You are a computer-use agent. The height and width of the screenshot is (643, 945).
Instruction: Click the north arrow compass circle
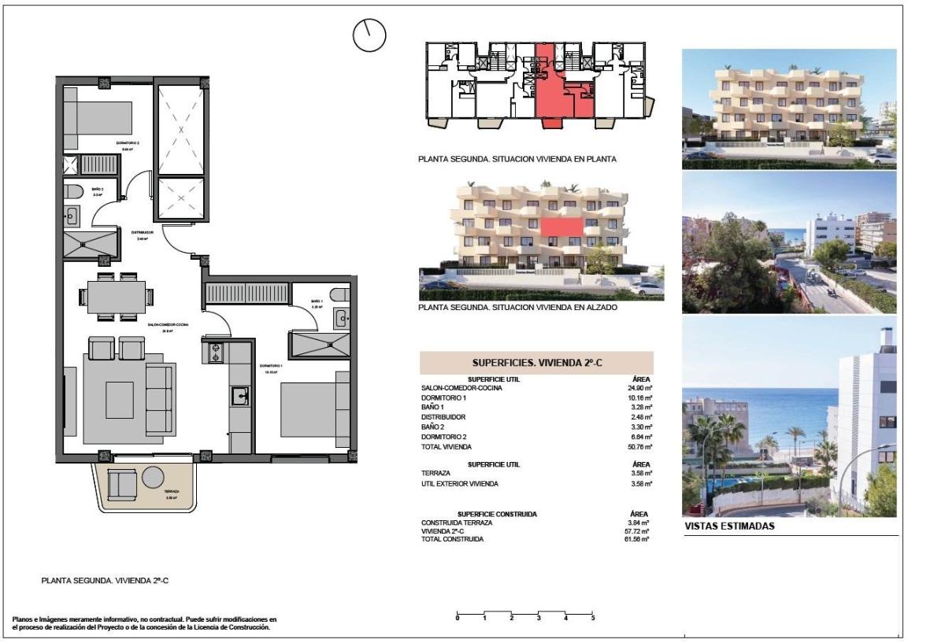point(369,35)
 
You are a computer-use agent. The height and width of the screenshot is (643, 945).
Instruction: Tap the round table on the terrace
point(153,477)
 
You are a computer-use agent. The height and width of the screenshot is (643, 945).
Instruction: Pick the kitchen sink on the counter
point(239,396)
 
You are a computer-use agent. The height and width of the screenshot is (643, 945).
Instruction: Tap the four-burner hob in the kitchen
point(215,352)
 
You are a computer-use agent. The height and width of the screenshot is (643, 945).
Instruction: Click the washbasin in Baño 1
point(341,318)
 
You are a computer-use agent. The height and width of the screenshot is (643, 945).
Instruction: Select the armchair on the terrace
point(122,484)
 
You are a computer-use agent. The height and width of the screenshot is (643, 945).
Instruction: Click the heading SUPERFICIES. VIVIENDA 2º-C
point(536,363)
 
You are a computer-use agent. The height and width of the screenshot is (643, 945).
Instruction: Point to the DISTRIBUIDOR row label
point(443,417)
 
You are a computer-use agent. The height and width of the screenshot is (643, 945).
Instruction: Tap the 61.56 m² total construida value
point(638,539)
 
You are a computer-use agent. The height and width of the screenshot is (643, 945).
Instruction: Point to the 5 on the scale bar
point(592,618)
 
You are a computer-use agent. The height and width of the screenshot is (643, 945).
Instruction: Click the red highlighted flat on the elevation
point(562,227)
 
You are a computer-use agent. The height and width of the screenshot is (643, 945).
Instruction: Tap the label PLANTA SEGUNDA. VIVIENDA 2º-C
point(106,581)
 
